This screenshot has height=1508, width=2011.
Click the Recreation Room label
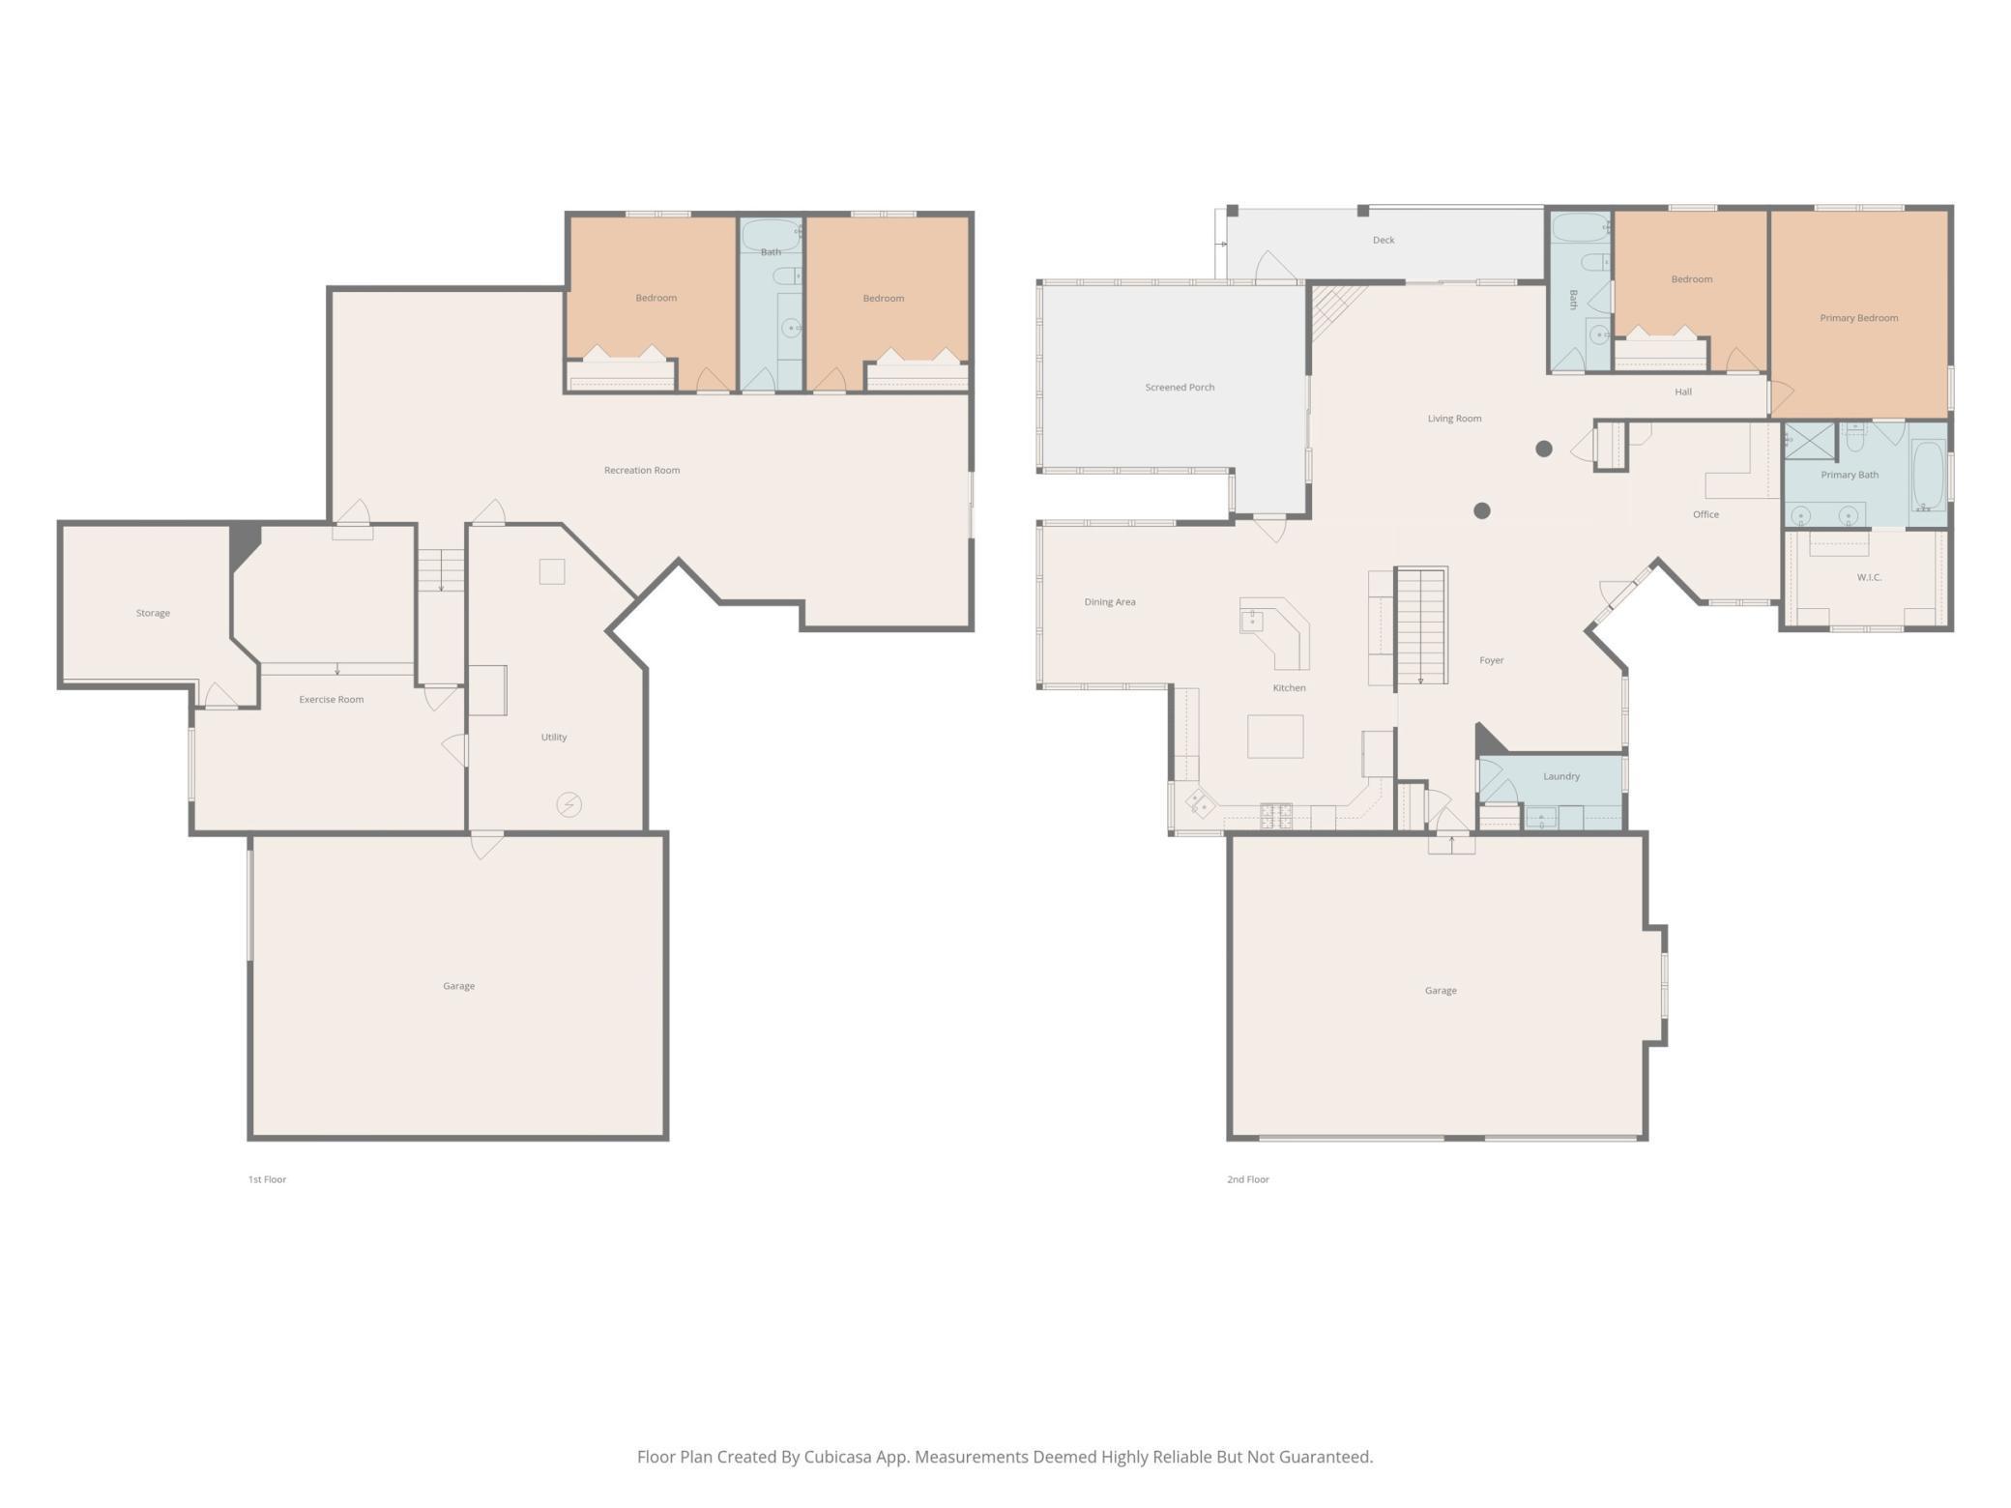[642, 470]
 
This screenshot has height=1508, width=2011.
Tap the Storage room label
[153, 613]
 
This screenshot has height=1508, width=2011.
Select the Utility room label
[554, 737]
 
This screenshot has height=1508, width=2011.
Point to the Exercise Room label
[332, 699]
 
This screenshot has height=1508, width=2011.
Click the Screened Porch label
[1180, 387]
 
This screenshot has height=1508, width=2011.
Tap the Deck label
[1384, 240]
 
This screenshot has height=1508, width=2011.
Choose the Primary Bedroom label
[1859, 318]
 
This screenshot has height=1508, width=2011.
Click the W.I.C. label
[1869, 577]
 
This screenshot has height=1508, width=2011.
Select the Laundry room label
[1561, 776]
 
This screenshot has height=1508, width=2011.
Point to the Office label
[1705, 514]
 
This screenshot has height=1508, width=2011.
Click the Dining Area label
[1110, 601]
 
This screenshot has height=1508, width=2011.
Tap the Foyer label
[1492, 660]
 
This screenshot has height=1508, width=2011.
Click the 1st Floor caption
[267, 1179]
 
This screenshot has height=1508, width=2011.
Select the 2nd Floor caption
[1248, 1179]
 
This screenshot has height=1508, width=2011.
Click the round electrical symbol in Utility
[568, 804]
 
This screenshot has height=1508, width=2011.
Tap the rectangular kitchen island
[1275, 737]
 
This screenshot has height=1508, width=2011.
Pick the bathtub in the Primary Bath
[1928, 476]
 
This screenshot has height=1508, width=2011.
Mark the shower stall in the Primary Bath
[1810, 442]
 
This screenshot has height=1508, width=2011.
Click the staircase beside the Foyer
[1420, 625]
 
